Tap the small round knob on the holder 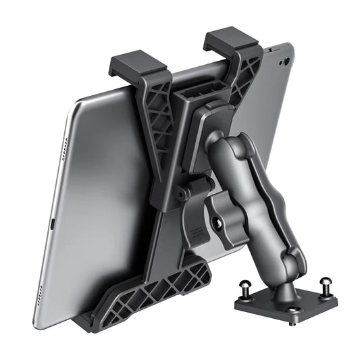tap(183, 192)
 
